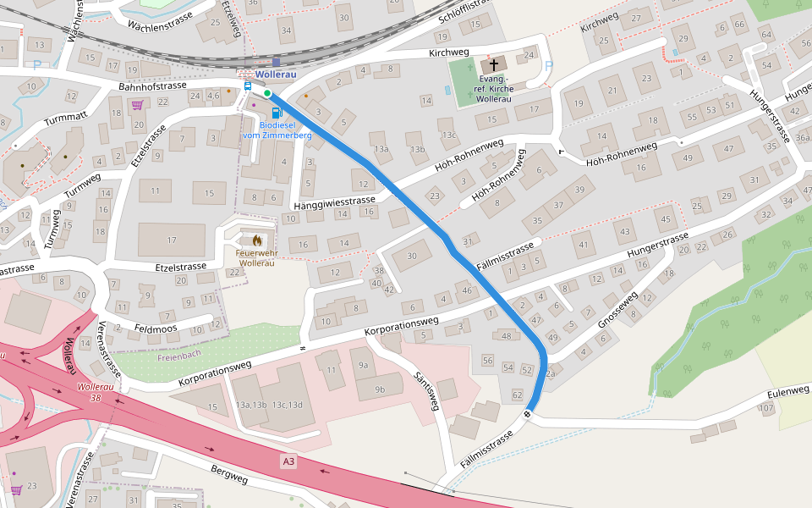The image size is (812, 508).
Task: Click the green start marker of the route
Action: (x=267, y=93)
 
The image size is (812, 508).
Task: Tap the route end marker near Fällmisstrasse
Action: (x=527, y=414)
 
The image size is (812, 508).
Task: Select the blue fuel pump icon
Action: (x=276, y=113)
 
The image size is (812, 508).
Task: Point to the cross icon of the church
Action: (x=494, y=64)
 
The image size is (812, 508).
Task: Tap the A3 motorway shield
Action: (x=289, y=461)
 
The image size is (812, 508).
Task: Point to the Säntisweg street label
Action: (x=426, y=391)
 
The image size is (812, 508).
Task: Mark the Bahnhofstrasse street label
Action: (x=152, y=86)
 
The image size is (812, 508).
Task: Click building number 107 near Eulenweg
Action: (x=766, y=408)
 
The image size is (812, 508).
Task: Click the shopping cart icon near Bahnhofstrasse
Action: (x=136, y=105)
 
